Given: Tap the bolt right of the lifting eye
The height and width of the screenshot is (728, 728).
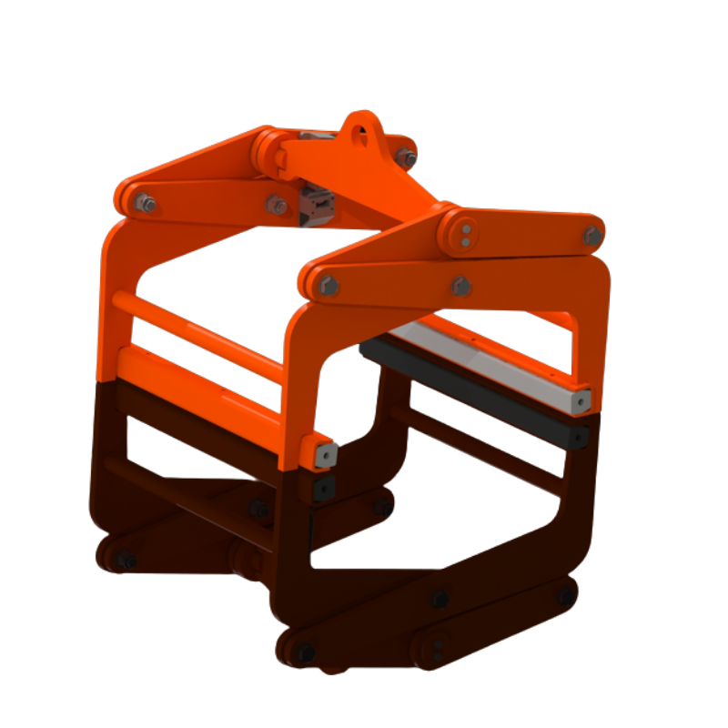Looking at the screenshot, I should (x=406, y=158).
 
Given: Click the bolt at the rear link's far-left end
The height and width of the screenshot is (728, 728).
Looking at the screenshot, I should (x=144, y=203).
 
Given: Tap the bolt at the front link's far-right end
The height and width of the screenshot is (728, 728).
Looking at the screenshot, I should (x=592, y=236).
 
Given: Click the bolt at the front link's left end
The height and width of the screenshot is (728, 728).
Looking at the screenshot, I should (x=329, y=287).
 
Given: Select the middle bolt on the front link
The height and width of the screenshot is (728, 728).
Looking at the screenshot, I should (x=461, y=287).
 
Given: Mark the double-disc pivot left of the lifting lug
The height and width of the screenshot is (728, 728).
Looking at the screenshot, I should (x=267, y=149).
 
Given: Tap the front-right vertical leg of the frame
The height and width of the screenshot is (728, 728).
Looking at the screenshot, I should (x=596, y=318).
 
